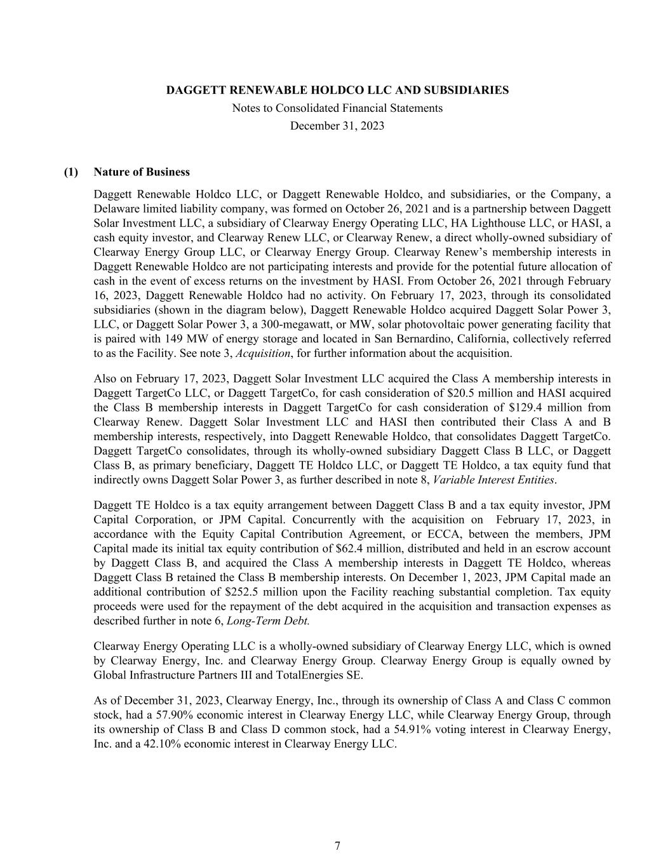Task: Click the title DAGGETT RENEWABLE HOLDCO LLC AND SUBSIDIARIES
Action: tap(337, 90)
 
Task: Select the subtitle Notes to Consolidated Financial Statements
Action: tap(337, 108)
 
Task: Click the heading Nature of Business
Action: tap(142, 172)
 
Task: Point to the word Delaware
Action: tap(114, 209)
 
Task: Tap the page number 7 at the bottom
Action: tap(337, 846)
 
